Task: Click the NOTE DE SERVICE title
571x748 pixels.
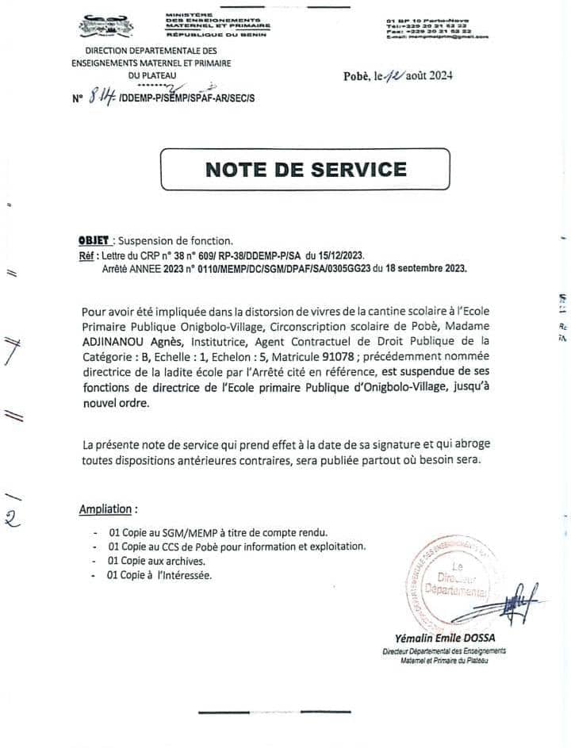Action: tap(305, 168)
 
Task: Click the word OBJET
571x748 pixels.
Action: tap(94, 240)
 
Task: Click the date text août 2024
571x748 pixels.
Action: tap(429, 76)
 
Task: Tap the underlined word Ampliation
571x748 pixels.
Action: tap(108, 508)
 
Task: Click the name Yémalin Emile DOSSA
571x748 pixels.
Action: tap(440, 639)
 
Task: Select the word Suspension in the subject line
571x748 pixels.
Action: tap(147, 240)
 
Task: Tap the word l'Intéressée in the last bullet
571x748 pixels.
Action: tap(185, 575)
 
